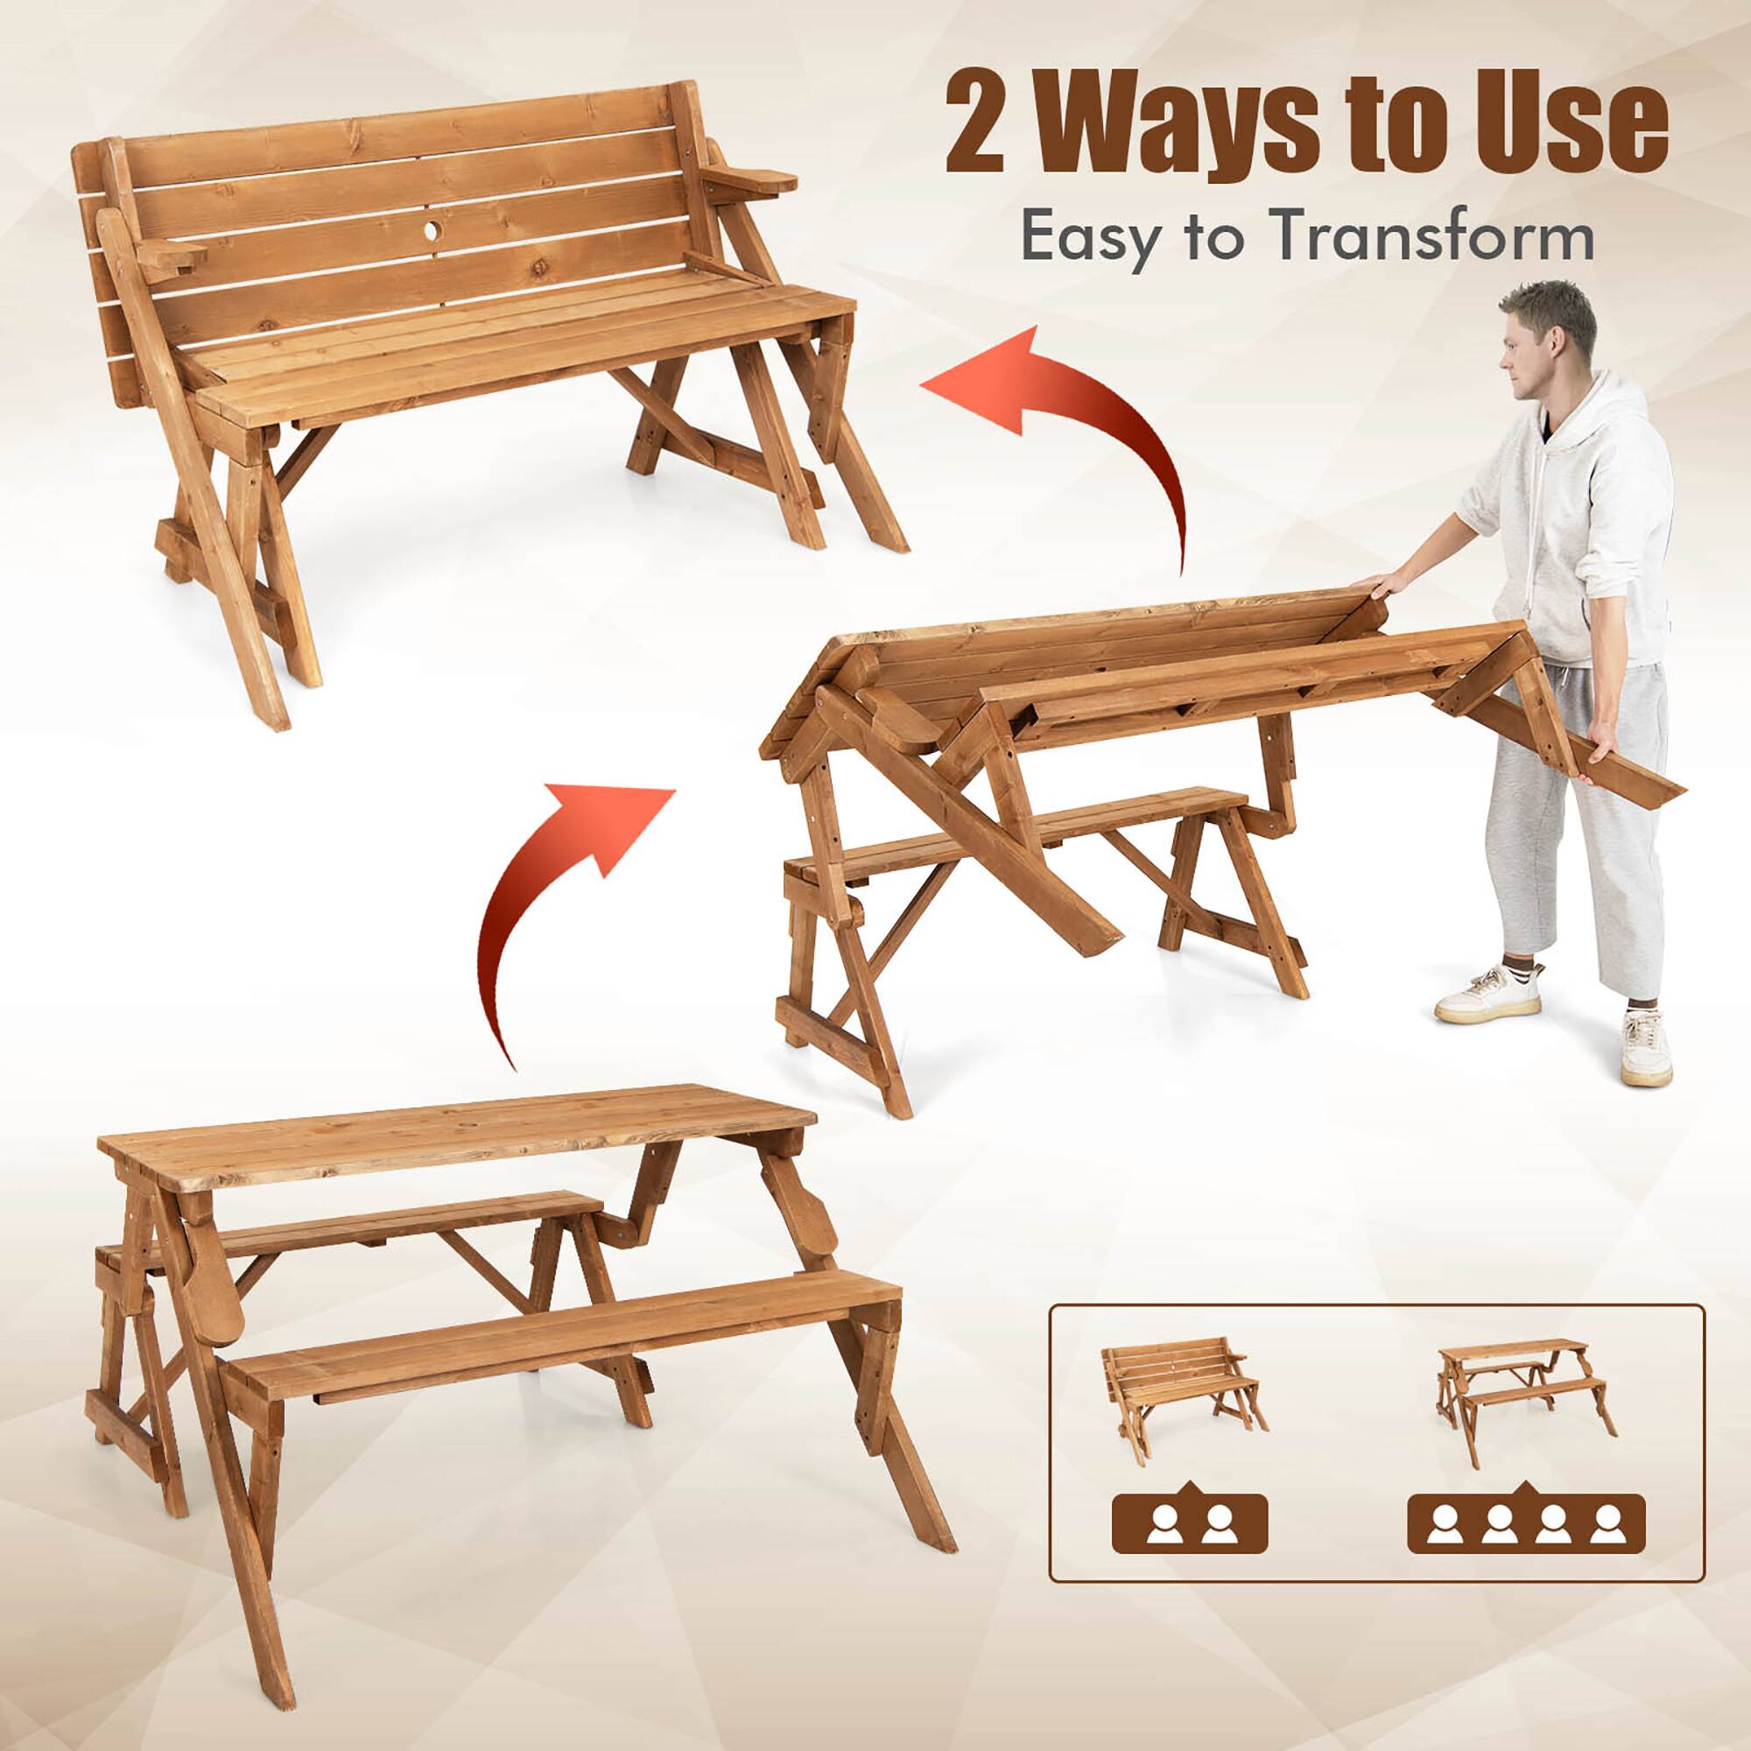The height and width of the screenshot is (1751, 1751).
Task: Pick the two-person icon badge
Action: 1189,1525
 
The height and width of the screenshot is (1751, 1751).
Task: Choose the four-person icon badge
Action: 1525,1525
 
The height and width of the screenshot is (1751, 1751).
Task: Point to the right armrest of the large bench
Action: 752,180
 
